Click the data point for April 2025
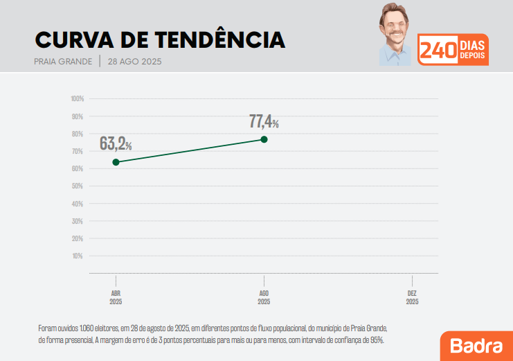pos(116,162)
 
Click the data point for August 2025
pos(264,139)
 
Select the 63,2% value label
pos(116,143)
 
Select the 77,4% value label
pos(264,122)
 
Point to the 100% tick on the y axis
pos(77,98)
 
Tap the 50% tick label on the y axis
pos(78,186)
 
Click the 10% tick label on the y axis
pos(78,256)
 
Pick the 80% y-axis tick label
pos(78,134)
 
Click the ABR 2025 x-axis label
pos(116,297)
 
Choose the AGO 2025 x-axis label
pos(264,297)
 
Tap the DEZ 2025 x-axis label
pos(413,297)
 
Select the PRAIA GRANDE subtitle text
pos(63,62)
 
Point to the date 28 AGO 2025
pos(134,62)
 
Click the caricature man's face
pos(395,29)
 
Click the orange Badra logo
pos(476,345)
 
